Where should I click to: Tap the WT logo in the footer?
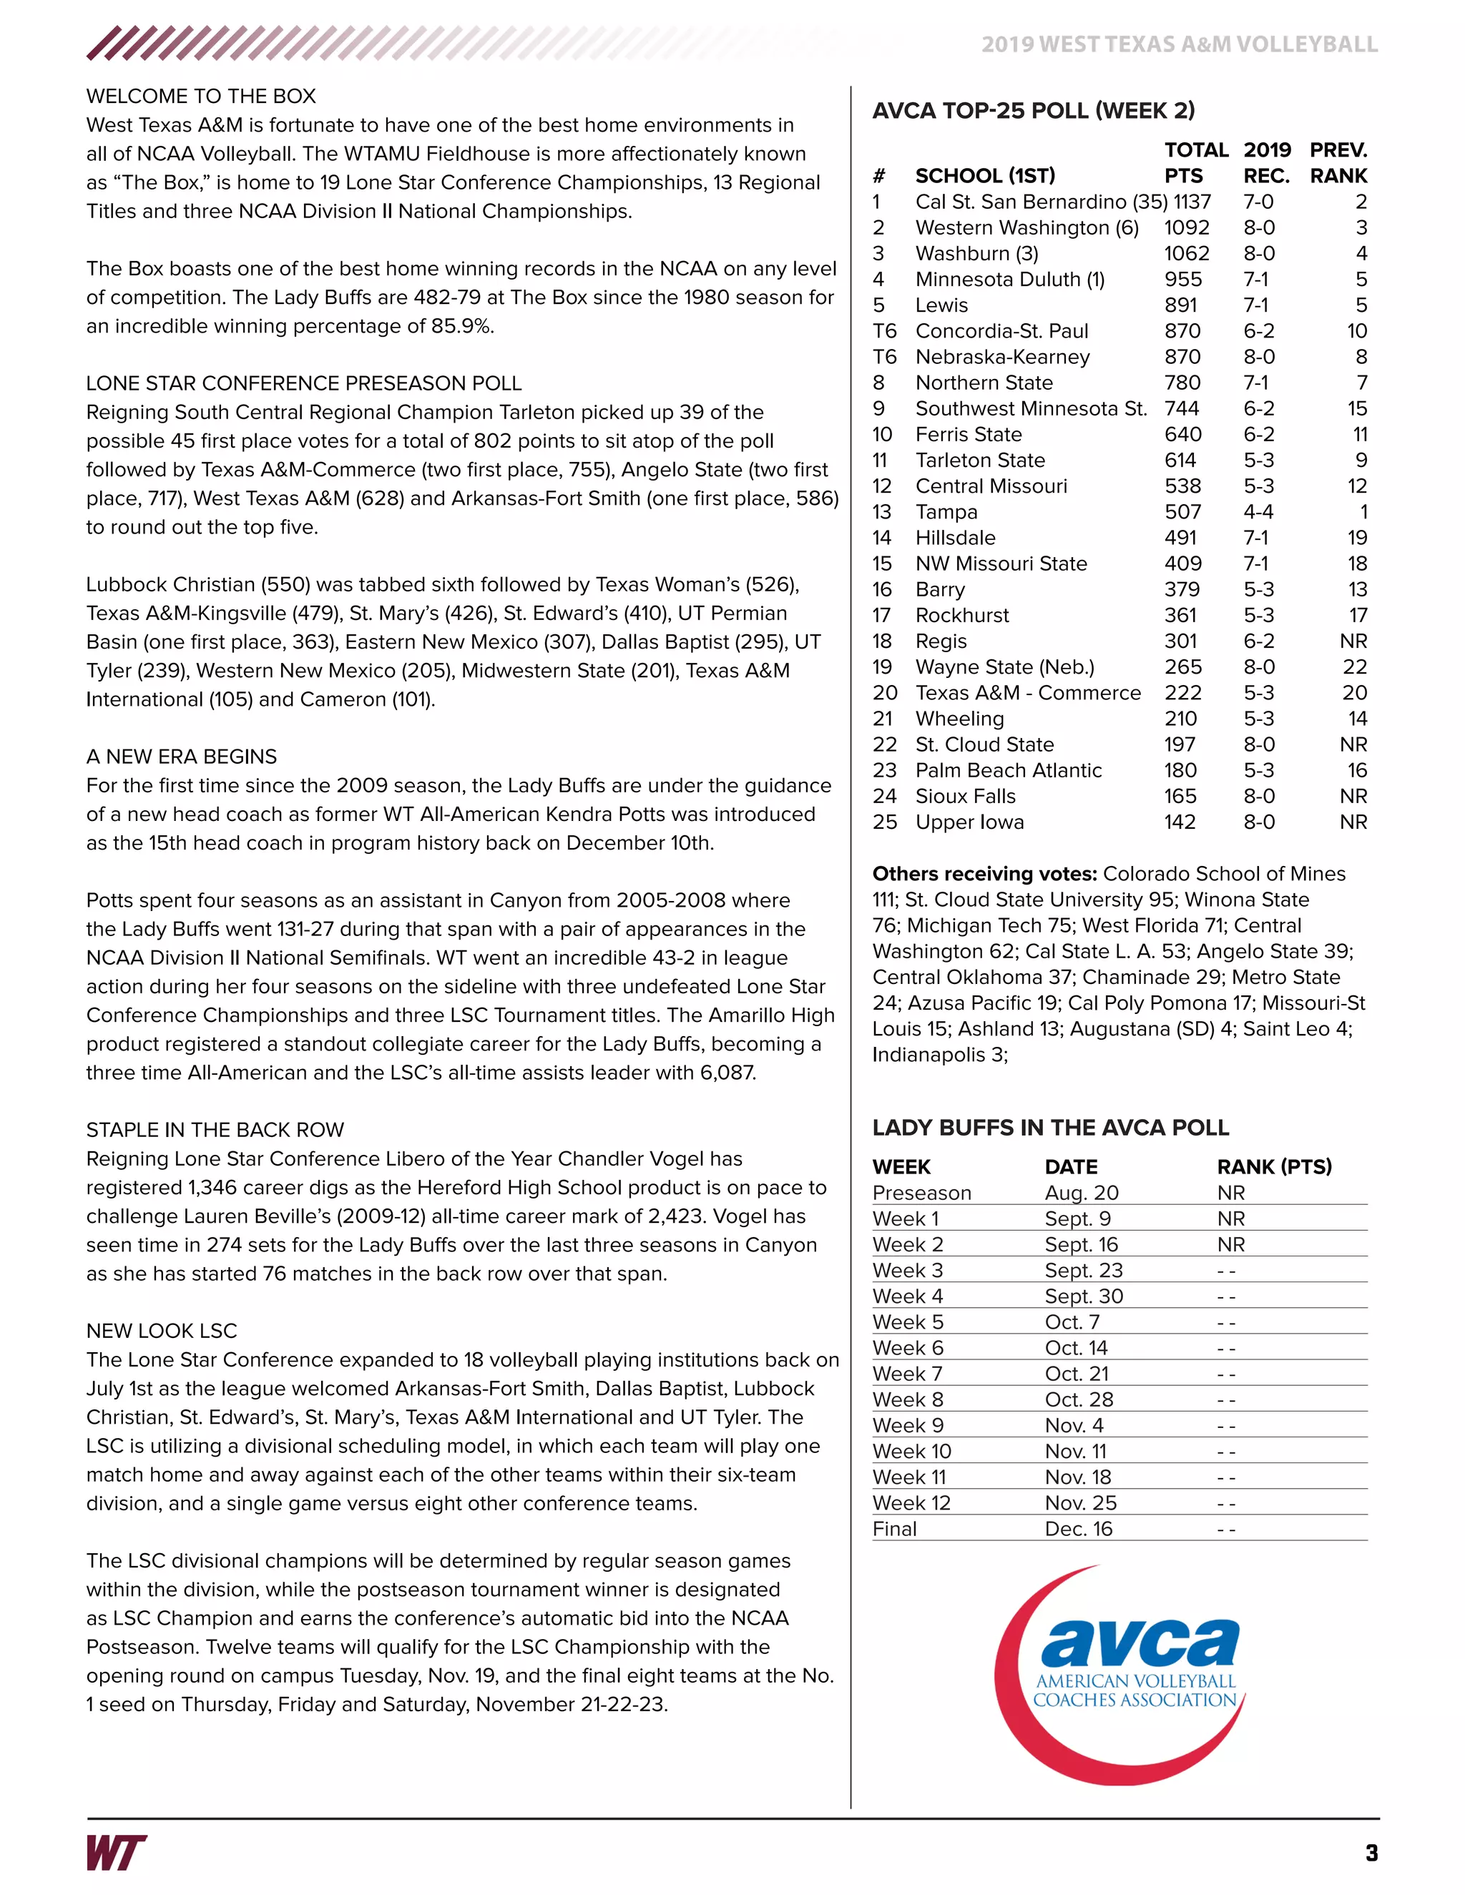(x=117, y=1853)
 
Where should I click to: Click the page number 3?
(x=1371, y=1854)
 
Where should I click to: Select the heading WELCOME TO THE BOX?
(x=200, y=97)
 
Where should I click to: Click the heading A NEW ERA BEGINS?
(x=182, y=757)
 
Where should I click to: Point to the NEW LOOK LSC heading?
(x=162, y=1331)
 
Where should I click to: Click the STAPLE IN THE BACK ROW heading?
(x=215, y=1130)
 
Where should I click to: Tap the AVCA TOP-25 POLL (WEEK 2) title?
(x=1033, y=111)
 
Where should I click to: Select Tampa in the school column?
(x=946, y=512)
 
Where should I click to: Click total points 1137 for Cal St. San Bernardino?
(x=1192, y=202)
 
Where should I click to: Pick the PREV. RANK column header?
(x=1338, y=163)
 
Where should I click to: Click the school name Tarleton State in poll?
(x=980, y=461)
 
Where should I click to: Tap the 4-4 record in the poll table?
(x=1258, y=512)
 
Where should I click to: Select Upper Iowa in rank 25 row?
(x=969, y=822)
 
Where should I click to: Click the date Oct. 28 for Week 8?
(x=1078, y=1399)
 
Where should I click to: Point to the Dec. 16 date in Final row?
(x=1078, y=1529)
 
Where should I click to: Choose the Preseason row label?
(x=921, y=1193)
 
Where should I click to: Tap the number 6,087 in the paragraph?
(x=727, y=1073)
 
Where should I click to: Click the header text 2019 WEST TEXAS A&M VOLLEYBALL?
(x=1179, y=44)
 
